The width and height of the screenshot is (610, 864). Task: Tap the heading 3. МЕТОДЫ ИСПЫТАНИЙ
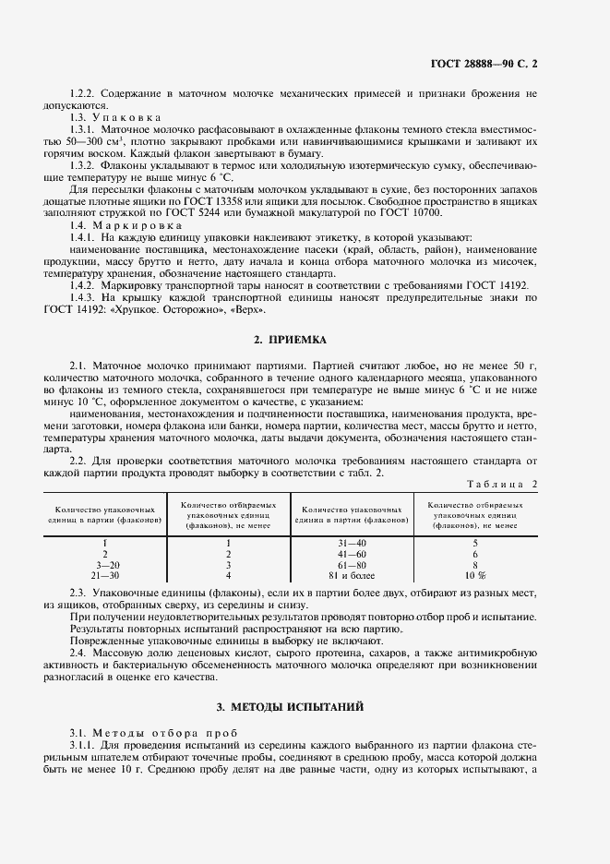304,706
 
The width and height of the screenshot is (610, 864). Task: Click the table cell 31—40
352,543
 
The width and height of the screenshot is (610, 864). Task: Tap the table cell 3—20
108,563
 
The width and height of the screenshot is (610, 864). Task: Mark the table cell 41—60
352,553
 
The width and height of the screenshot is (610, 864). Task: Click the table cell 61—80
352,563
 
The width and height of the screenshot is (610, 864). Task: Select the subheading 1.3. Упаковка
115,118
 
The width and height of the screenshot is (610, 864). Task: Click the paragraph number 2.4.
78,654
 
